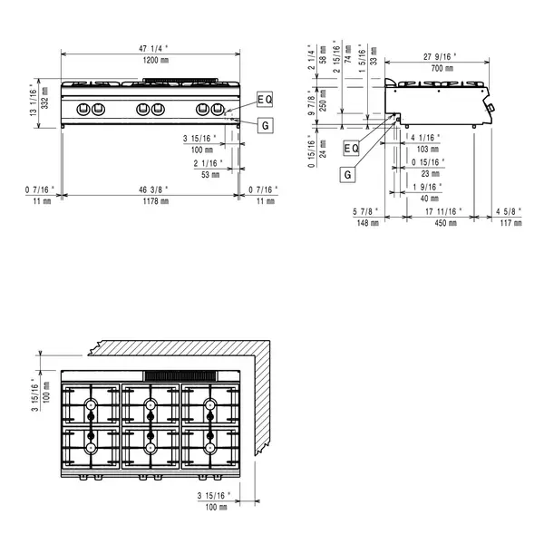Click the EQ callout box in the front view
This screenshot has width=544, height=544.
pyautogui.click(x=264, y=98)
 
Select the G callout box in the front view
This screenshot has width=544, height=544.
pyautogui.click(x=264, y=125)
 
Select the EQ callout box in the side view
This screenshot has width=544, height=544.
pyautogui.click(x=352, y=148)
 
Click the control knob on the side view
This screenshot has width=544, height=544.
pyautogui.click(x=491, y=110)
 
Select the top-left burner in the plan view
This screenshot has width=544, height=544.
pyautogui.click(x=92, y=404)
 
